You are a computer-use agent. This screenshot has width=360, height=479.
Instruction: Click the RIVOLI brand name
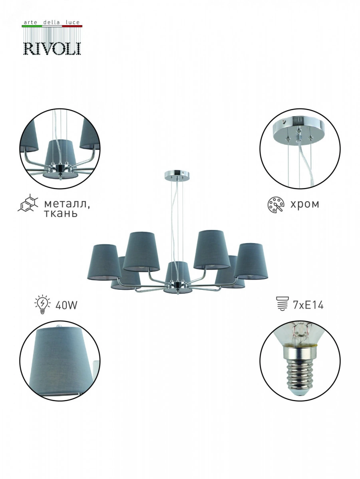tap(52, 48)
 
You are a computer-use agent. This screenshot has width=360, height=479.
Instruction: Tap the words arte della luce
tap(52, 22)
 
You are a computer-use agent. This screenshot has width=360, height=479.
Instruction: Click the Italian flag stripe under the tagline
tap(52, 26)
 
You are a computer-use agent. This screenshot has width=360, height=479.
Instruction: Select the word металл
tap(67, 204)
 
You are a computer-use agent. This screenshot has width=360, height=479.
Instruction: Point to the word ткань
tap(61, 214)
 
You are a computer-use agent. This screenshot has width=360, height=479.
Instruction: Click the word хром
tap(305, 204)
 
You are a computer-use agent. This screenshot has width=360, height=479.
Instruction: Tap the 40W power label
tap(66, 305)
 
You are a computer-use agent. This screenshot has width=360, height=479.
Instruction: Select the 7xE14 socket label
tap(308, 305)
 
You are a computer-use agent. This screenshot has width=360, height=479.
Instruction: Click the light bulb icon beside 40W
tap(43, 305)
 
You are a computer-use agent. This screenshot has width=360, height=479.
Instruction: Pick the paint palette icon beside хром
tap(276, 204)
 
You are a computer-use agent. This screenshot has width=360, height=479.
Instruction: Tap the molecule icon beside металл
tap(28, 203)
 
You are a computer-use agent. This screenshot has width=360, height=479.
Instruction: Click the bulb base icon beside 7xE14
tap(282, 303)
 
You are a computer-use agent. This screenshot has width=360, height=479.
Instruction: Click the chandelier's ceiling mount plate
tap(177, 176)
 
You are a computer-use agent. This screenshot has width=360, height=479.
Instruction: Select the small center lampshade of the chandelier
tap(177, 272)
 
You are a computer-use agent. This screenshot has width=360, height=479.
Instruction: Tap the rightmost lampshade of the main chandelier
tap(251, 261)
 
